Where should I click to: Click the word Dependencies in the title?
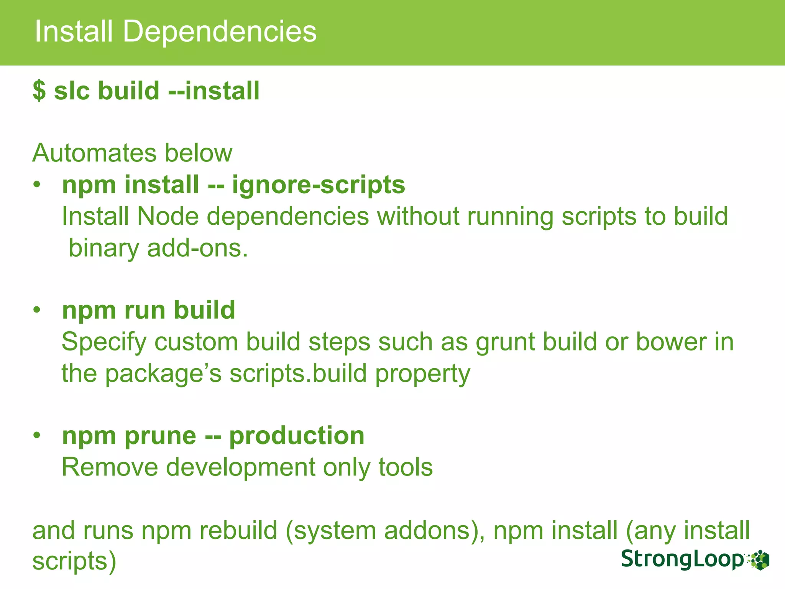220,31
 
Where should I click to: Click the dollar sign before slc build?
39,91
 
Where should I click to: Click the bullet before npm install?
37,185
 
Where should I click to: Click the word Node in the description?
168,217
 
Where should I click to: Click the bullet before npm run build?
37,310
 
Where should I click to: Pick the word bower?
671,342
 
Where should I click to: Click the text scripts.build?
298,373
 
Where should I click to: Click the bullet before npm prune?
37,436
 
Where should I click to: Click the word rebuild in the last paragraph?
238,531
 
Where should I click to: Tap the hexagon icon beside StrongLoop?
759,560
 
